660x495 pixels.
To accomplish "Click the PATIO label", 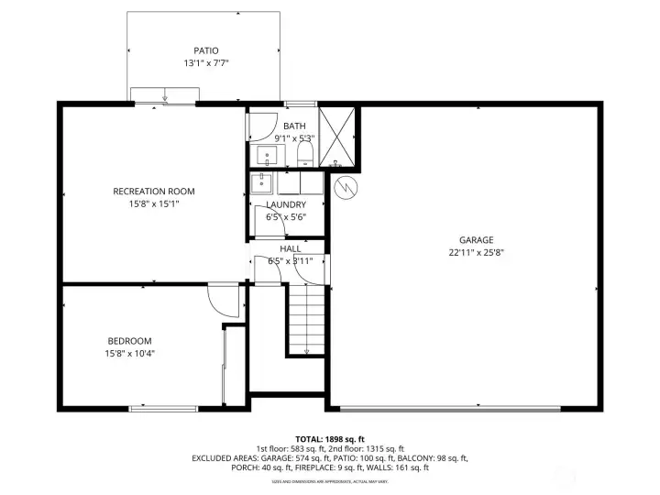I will [x=206, y=50].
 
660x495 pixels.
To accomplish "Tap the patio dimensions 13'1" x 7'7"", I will [x=206, y=63].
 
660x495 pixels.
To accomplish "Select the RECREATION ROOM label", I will [x=154, y=192].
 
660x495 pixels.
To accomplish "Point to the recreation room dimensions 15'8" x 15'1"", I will [x=154, y=203].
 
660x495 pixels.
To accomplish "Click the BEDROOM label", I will [x=128, y=341].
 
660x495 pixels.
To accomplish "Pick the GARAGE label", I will [x=477, y=239].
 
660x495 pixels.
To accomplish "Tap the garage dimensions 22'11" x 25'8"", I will [x=477, y=252].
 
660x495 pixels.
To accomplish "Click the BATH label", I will [x=294, y=126].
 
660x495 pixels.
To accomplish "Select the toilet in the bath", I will [x=306, y=154].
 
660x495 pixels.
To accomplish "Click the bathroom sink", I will [x=267, y=155].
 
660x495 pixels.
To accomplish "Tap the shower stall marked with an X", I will [x=336, y=138].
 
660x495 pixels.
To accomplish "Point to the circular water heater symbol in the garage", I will [x=346, y=189].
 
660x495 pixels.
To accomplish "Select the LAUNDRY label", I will [x=285, y=204].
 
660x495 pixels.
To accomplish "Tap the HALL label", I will [x=290, y=248].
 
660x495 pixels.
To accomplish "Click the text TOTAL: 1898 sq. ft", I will [x=329, y=439].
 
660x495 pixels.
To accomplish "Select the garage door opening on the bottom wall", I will [x=464, y=408].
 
